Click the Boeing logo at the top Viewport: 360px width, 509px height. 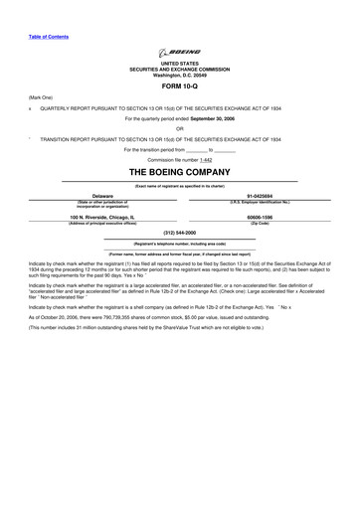pos(180,53)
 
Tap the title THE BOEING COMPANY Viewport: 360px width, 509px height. pos(180,172)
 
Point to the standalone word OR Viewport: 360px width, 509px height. pos(180,127)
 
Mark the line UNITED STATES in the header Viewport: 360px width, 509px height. pos(180,63)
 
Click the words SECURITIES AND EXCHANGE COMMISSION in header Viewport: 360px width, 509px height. pos(180,69)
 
